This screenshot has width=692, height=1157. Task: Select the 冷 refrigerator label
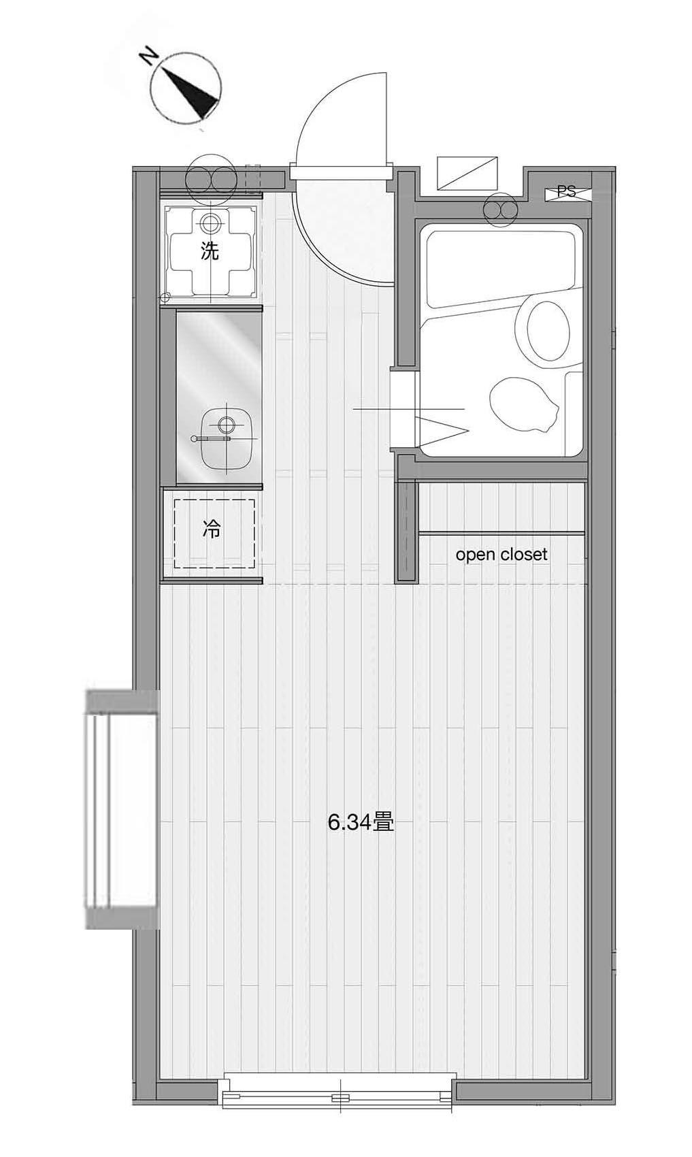pyautogui.click(x=211, y=529)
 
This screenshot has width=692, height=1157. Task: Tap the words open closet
pyautogui.click(x=501, y=555)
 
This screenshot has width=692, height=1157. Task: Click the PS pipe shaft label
pyautogui.click(x=567, y=192)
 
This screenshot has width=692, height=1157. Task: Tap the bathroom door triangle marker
pyautogui.click(x=441, y=429)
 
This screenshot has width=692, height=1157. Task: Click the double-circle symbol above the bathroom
pyautogui.click(x=500, y=210)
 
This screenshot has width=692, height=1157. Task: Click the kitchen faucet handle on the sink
pyautogui.click(x=212, y=438)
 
